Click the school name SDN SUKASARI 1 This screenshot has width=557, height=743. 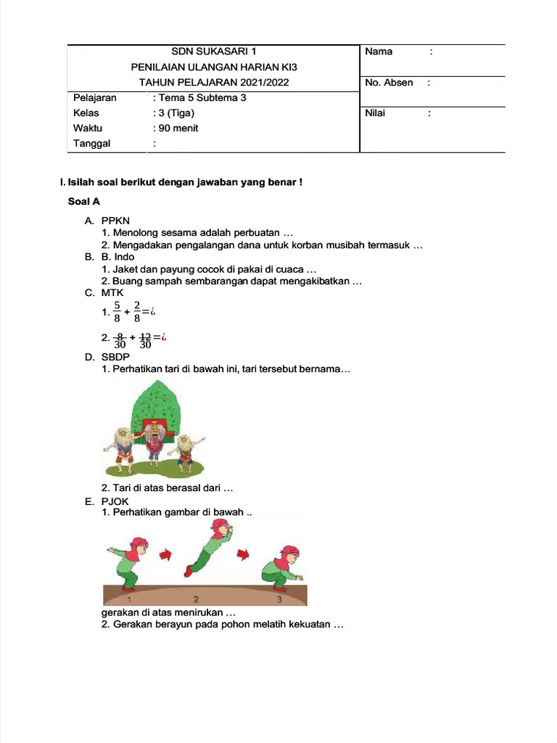213,52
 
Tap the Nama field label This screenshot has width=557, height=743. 379,52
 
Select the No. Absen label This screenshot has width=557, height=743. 389,83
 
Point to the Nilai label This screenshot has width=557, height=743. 376,113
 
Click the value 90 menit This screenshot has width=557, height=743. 178,128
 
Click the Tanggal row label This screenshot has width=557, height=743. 92,144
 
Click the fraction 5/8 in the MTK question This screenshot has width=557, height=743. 117,311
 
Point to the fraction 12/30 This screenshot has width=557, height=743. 145,340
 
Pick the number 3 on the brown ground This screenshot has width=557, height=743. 278,600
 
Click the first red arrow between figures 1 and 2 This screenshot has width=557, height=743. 165,555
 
